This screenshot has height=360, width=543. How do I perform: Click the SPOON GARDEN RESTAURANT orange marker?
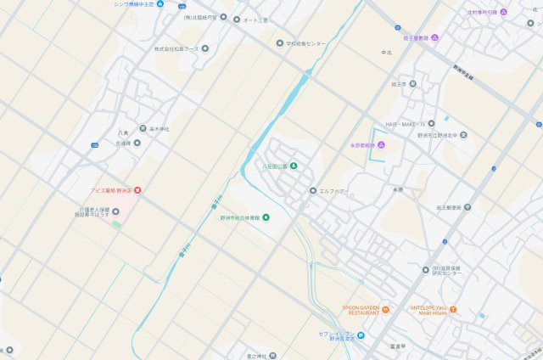(385, 310)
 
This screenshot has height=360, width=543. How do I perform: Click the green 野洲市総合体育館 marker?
(266, 217)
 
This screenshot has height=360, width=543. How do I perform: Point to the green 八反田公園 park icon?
(294, 165)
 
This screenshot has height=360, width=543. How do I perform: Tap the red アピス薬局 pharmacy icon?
(138, 189)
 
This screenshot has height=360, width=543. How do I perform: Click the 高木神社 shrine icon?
(143, 128)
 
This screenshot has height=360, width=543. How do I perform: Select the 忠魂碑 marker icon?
(137, 143)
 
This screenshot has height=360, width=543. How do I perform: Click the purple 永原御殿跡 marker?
(381, 145)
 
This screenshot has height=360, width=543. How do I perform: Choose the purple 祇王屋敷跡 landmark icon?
(434, 37)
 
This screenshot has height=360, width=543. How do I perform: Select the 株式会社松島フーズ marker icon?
(145, 49)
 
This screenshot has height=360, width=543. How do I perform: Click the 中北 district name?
(387, 53)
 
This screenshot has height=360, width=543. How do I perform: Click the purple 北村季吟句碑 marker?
(503, 12)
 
